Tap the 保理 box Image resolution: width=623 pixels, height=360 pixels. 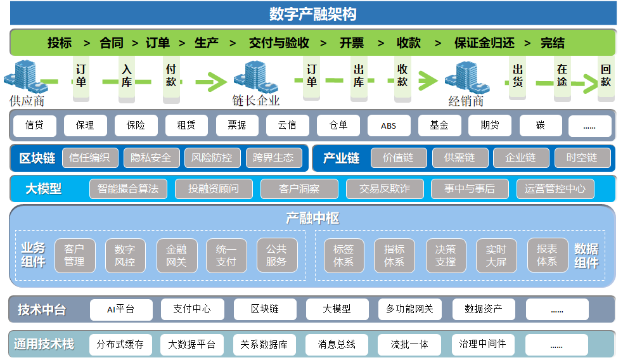(x=85, y=125)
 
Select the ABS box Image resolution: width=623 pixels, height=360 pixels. (x=389, y=125)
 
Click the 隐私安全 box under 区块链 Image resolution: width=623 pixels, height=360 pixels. (x=151, y=158)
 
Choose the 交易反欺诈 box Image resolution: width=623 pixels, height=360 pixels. (x=384, y=189)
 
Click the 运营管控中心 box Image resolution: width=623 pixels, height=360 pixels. (x=555, y=189)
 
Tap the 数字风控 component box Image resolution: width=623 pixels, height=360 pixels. (x=125, y=255)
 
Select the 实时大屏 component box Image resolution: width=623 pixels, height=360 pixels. (x=496, y=255)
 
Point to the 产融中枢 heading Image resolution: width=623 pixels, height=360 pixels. (x=312, y=219)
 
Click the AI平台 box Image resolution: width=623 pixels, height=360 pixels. (x=121, y=309)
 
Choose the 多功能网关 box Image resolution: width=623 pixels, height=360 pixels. (x=409, y=309)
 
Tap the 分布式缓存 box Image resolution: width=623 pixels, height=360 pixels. (x=120, y=345)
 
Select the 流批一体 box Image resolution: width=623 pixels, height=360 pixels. (x=409, y=345)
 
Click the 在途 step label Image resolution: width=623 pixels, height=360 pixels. (x=562, y=75)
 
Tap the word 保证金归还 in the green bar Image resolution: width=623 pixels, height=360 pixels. (x=484, y=43)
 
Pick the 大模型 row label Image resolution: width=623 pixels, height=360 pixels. (x=43, y=189)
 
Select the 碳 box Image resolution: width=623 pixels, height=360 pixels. (x=540, y=125)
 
